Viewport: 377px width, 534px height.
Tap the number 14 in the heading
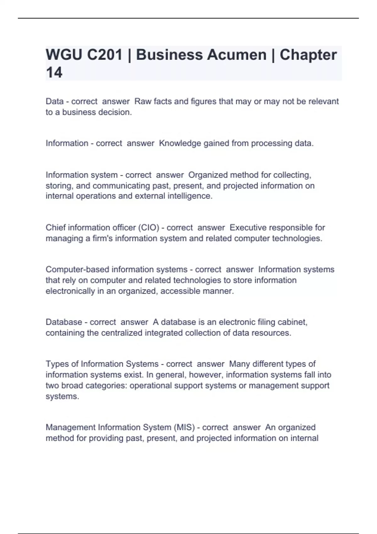tap(54, 73)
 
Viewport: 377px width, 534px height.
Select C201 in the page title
tap(105, 55)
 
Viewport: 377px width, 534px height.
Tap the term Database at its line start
tap(64, 322)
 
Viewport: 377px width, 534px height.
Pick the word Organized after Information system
tap(208, 175)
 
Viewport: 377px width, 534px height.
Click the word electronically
tap(70, 291)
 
